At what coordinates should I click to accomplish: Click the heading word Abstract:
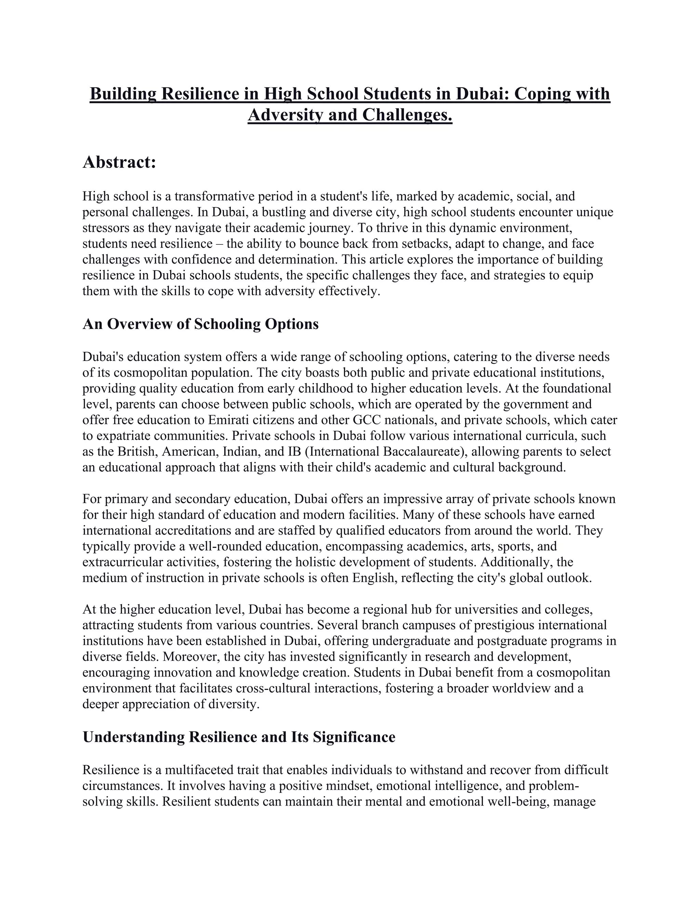tap(119, 162)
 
